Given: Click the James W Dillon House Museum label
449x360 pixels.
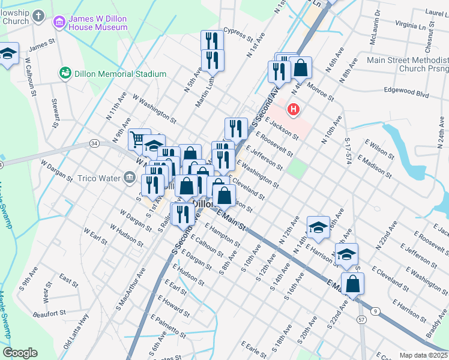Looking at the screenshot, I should (97, 23).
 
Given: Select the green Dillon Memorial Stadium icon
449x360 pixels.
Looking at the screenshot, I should (65, 73).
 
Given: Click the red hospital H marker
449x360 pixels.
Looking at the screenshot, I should (294, 109).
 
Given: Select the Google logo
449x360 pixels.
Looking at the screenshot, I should (20, 353).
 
